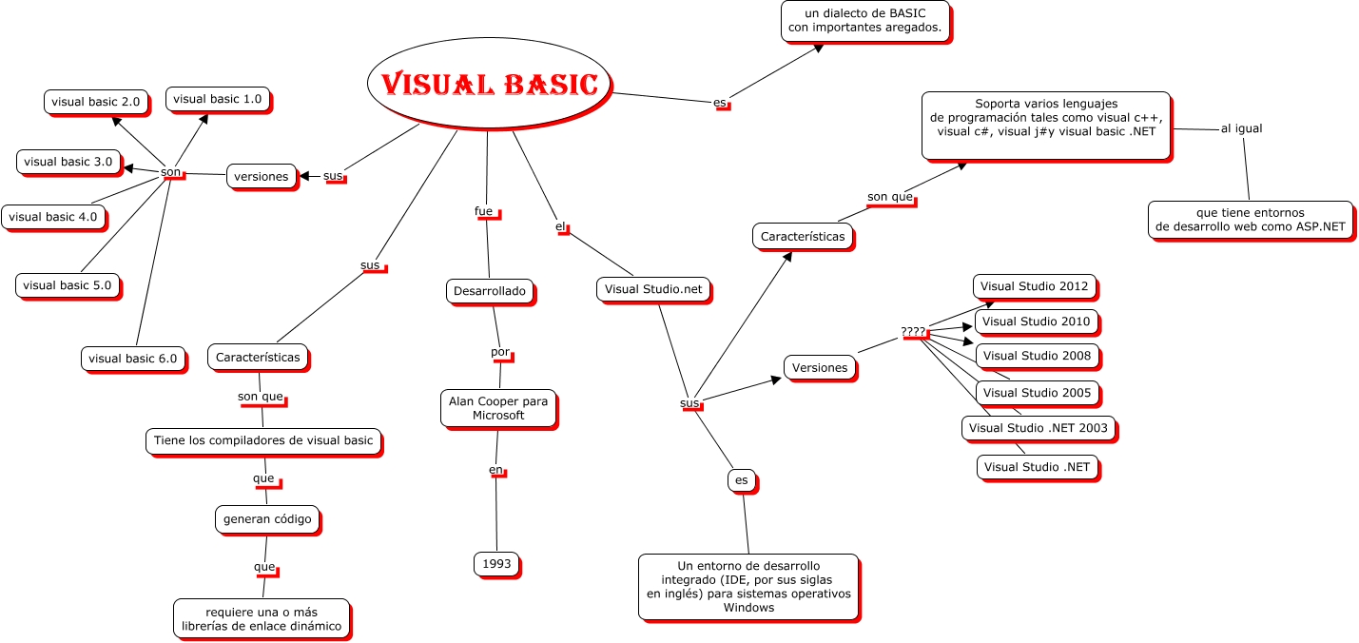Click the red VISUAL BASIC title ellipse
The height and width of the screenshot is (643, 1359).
pos(489,84)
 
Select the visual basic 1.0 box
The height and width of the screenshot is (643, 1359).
pos(218,99)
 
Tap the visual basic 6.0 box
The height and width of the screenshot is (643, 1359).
pos(132,359)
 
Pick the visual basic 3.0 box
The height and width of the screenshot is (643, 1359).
pos(68,162)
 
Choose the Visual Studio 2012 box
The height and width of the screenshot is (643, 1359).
pos(1035,286)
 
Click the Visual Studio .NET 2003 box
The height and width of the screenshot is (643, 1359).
pos(1038,428)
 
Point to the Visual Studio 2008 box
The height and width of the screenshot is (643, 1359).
pos(1038,356)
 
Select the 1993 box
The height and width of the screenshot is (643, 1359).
pos(496,564)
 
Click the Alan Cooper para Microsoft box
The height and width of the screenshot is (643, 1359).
pos(498,408)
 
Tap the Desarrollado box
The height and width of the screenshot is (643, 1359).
pos(490,291)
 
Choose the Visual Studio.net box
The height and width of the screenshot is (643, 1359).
pos(653,289)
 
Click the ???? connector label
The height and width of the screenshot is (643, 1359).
pos(913,332)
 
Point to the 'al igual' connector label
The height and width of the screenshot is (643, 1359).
pos(1241,128)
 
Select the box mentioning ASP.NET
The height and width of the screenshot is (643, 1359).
pos(1250,220)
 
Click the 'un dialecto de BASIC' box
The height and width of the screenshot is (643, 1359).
pos(865,21)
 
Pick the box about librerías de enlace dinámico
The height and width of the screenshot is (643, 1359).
pos(262,618)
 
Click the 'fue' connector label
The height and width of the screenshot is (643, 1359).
pos(484,211)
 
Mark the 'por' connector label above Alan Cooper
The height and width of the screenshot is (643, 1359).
pos(500,352)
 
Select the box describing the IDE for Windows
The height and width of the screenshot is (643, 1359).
pos(747,587)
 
